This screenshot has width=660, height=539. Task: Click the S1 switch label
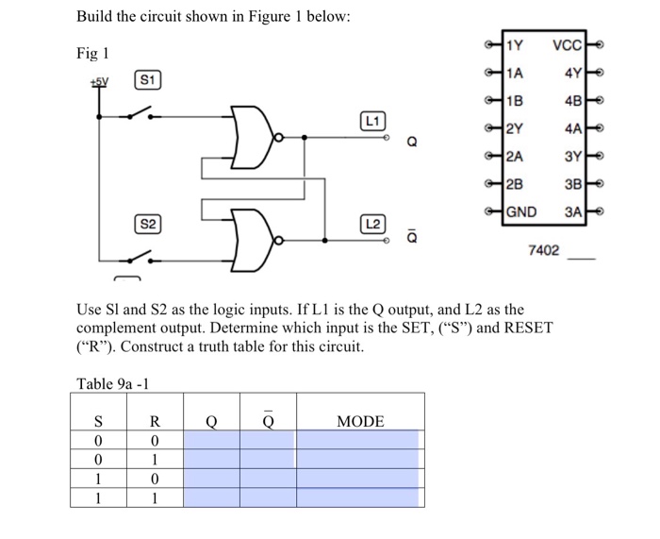pyautogui.click(x=148, y=80)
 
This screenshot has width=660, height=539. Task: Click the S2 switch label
pyautogui.click(x=148, y=225)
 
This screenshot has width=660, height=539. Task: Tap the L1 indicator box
pyautogui.click(x=372, y=121)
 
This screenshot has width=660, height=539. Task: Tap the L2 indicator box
pyautogui.click(x=372, y=224)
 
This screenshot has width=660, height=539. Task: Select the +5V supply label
pyautogui.click(x=97, y=81)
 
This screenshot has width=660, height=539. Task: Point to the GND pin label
pyautogui.click(x=522, y=211)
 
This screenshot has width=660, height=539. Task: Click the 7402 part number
pyautogui.click(x=543, y=251)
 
